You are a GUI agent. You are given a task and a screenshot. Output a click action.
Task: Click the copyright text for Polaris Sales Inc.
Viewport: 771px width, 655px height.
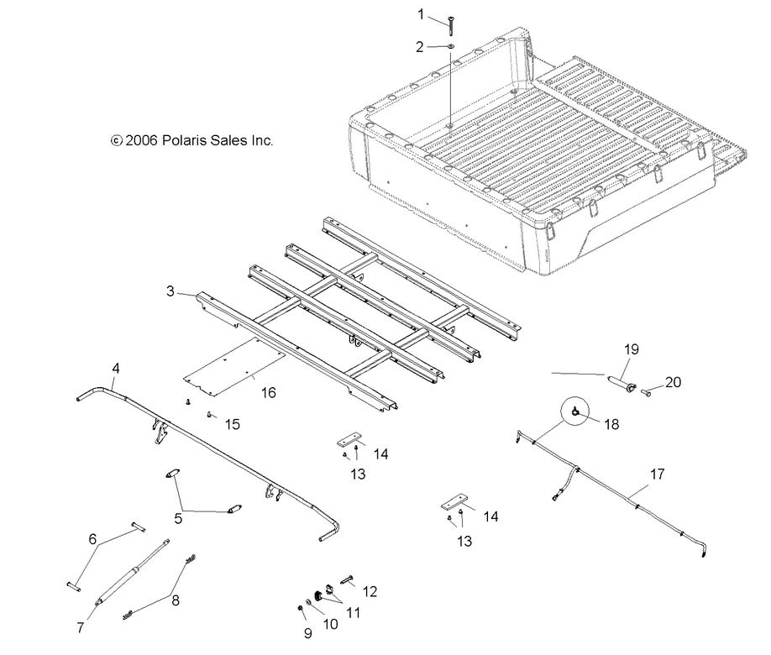click(x=192, y=141)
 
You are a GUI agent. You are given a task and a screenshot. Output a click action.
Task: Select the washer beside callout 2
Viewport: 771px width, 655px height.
click(x=450, y=48)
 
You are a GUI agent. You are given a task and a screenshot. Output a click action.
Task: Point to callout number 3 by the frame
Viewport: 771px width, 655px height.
click(x=170, y=292)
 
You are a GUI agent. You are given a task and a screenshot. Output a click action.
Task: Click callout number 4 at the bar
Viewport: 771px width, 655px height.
click(x=116, y=367)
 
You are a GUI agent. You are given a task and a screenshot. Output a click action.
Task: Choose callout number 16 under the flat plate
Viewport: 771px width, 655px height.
click(x=268, y=392)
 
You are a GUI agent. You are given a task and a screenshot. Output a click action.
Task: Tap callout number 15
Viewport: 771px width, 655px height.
click(x=233, y=425)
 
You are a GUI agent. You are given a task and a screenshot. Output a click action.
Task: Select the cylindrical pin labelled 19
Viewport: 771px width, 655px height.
click(x=623, y=385)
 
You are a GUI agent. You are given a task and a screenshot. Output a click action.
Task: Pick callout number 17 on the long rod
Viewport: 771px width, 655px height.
click(x=657, y=474)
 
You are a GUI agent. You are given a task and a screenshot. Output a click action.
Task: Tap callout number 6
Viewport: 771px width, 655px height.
click(x=93, y=539)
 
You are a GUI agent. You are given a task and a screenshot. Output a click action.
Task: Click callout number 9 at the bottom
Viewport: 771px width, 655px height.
click(x=308, y=633)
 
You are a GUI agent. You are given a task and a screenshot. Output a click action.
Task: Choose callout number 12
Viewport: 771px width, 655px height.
click(x=370, y=592)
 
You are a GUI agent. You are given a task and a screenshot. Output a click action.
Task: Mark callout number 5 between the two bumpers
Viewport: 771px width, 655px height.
click(x=177, y=518)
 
